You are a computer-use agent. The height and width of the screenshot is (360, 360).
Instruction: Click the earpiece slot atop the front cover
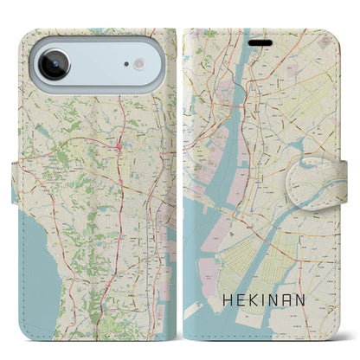260,40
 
